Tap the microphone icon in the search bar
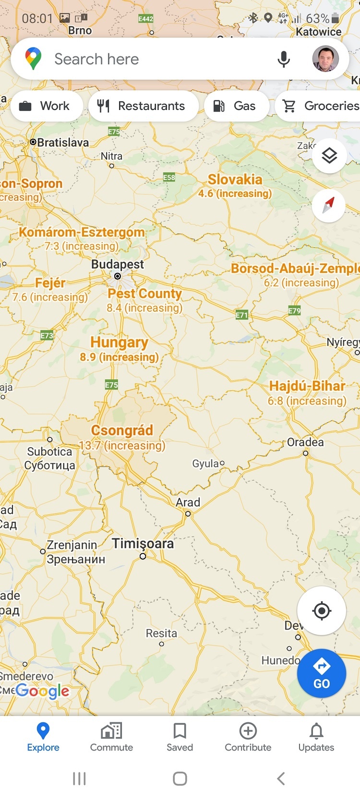pyautogui.click(x=284, y=59)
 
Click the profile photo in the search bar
pyautogui.click(x=325, y=59)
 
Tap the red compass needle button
pyautogui.click(x=329, y=206)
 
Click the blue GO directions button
pyautogui.click(x=321, y=673)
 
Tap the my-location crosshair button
pyautogui.click(x=321, y=611)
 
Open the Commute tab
pyautogui.click(x=111, y=737)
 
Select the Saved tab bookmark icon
pyautogui.click(x=180, y=731)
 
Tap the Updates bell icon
pyautogui.click(x=316, y=731)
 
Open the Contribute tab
pyautogui.click(x=248, y=737)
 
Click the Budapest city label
pyautogui.click(x=118, y=265)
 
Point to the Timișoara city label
pyautogui.click(x=143, y=544)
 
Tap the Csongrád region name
pyautogui.click(x=122, y=430)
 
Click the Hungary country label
pyautogui.click(x=119, y=342)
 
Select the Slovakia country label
pyautogui.click(x=235, y=180)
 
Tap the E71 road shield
pyautogui.click(x=242, y=315)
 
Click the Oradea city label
pyautogui.click(x=305, y=442)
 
